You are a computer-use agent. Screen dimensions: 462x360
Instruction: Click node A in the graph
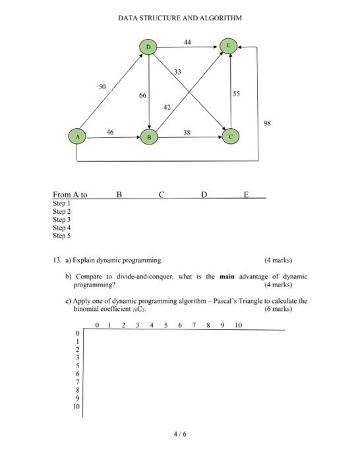(x=77, y=136)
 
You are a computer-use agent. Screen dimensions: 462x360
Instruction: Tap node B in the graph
(x=150, y=137)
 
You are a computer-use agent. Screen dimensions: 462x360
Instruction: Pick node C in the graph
(x=231, y=137)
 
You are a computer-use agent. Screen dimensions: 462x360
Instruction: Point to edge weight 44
(x=188, y=42)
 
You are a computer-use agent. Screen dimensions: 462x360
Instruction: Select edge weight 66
(x=142, y=96)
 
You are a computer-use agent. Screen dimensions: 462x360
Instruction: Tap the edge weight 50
(x=102, y=86)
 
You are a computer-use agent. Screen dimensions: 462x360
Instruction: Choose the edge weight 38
(x=187, y=132)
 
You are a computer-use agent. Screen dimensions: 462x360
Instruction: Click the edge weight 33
(x=178, y=71)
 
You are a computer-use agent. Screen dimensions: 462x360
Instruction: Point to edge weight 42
(x=167, y=107)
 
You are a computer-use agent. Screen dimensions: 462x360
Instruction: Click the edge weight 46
(x=110, y=132)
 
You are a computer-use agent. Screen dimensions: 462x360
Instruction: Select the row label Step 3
(x=61, y=220)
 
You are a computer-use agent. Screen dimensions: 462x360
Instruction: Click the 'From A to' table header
(x=70, y=195)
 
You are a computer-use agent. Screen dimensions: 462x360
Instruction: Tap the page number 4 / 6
(x=180, y=434)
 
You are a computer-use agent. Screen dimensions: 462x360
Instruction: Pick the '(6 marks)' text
(x=278, y=309)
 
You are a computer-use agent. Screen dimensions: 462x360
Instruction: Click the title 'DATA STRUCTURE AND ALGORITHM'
(x=180, y=18)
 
